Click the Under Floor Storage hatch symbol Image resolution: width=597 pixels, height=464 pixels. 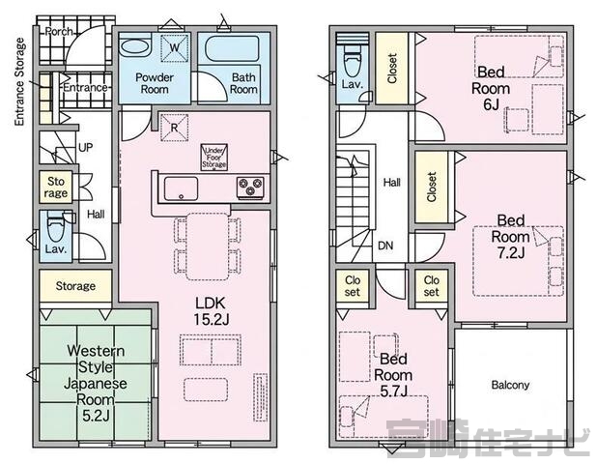tap(214, 157)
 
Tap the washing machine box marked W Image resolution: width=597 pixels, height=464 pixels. tap(175, 48)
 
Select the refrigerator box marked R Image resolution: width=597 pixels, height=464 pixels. tap(175, 128)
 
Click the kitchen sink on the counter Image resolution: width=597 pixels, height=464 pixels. tap(181, 188)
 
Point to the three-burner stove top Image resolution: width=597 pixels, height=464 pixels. tap(250, 188)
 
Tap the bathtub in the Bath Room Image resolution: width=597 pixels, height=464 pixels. tap(232, 48)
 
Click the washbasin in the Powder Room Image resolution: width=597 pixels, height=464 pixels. tap(135, 47)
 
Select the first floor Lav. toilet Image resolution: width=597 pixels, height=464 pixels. tap(56, 227)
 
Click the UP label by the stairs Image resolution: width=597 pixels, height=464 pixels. tap(85, 147)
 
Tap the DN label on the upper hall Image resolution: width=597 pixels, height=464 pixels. tap(385, 246)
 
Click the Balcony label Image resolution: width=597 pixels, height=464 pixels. tap(510, 385)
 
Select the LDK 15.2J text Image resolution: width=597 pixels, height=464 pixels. tap(211, 311)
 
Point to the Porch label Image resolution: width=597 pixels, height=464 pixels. tap(59, 31)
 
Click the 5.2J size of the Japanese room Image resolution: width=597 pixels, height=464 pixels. tap(96, 416)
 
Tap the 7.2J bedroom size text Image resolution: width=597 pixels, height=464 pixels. tap(511, 252)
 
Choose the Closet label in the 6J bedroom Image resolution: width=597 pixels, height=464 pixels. tap(392, 69)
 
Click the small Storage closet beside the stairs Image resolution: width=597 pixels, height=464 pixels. tap(56, 188)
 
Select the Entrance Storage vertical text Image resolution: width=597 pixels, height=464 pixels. tap(19, 82)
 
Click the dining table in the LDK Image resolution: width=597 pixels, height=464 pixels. tap(207, 247)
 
